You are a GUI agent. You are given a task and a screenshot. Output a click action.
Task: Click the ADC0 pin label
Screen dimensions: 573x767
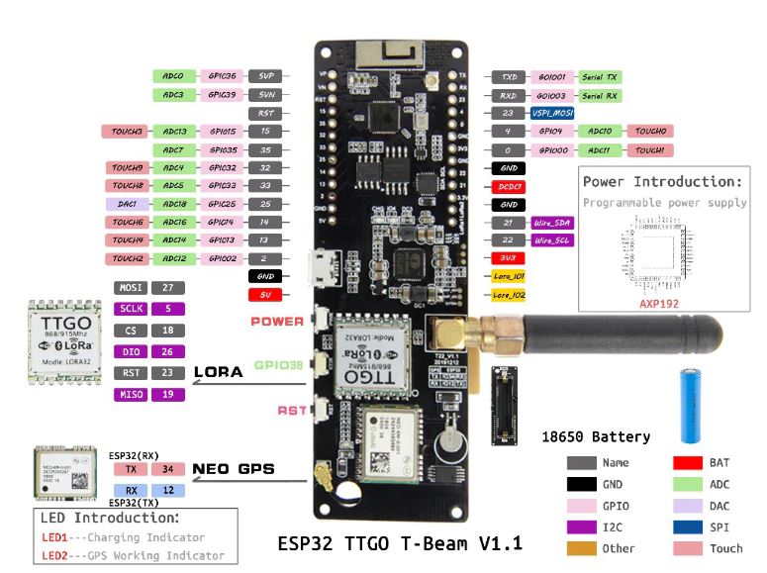click(172, 75)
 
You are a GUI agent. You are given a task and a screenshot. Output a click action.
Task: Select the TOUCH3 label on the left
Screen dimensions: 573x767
click(126, 132)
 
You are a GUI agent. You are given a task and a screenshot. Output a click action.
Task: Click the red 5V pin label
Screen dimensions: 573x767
click(266, 295)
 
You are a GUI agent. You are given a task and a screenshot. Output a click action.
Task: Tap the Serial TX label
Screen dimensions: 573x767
click(599, 76)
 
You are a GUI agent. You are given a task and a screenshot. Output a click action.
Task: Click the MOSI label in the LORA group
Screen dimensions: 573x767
click(126, 288)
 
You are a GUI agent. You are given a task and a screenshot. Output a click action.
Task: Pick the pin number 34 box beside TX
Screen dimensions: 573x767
click(169, 468)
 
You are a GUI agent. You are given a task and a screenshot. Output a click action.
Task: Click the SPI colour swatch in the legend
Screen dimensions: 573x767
click(688, 526)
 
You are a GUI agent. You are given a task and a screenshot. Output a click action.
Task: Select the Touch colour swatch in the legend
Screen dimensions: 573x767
click(688, 548)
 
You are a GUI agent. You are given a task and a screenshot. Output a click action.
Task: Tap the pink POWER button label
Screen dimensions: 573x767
click(277, 322)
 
